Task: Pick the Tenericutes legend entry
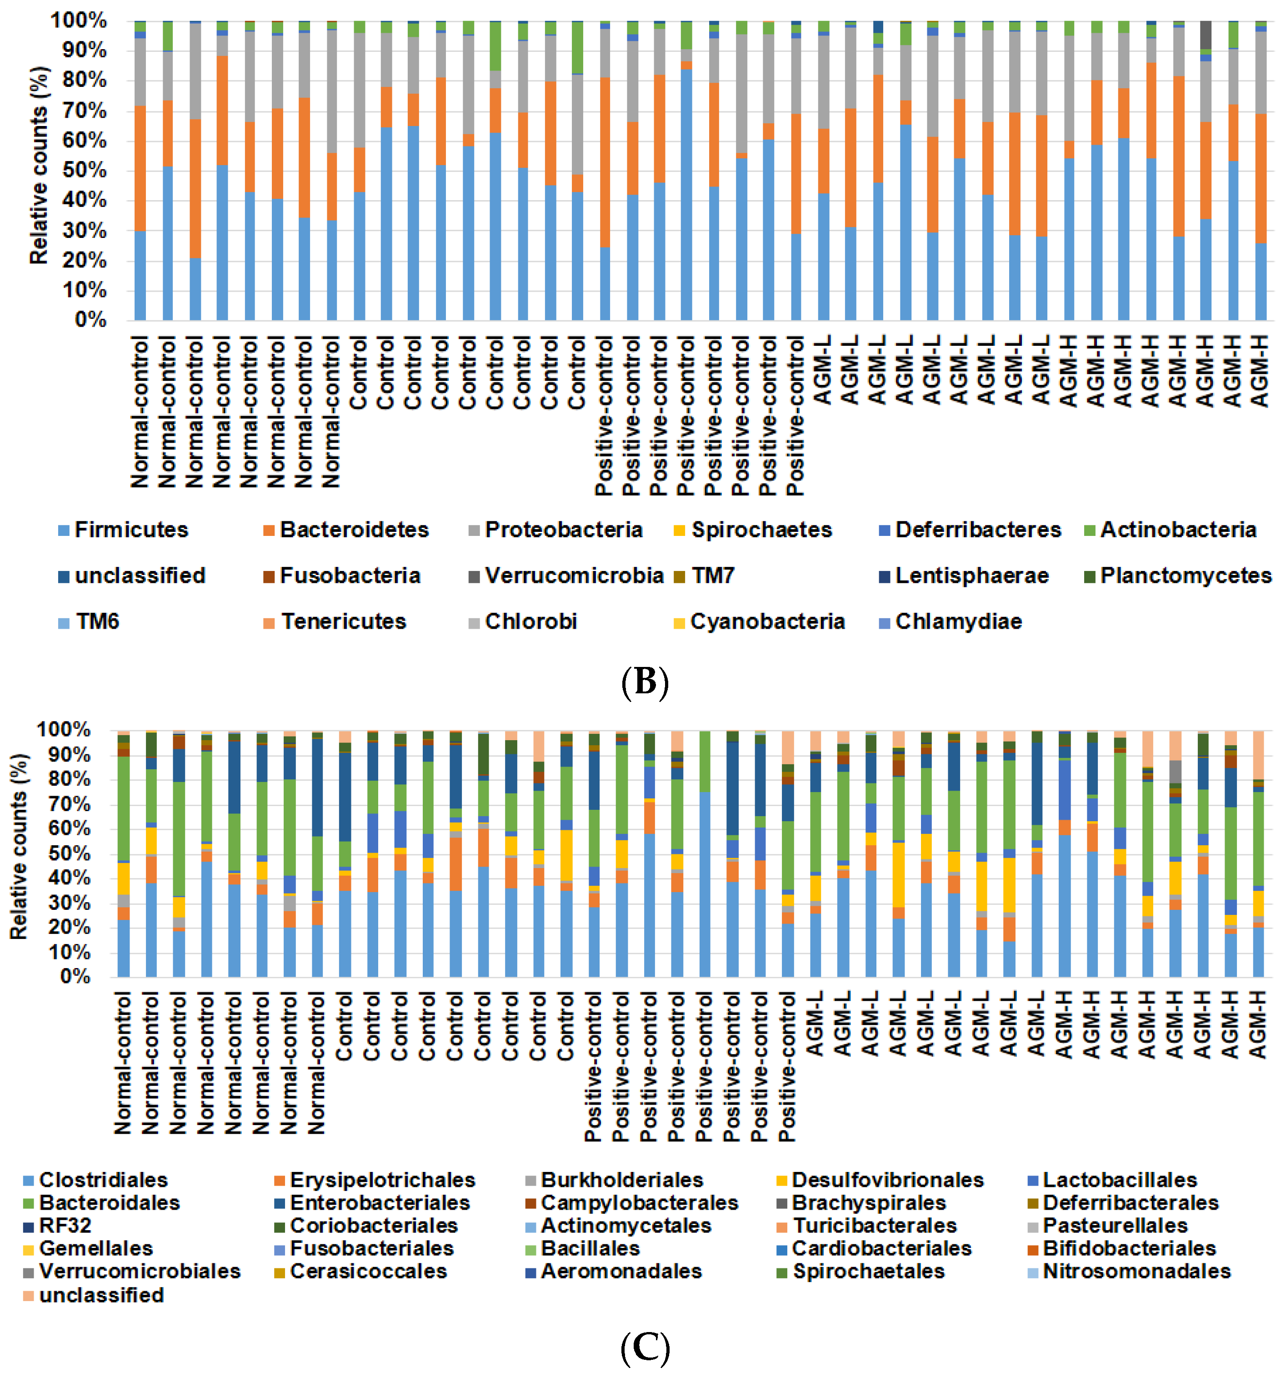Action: point(343,621)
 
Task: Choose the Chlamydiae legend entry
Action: point(958,621)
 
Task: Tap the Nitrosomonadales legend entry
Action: point(1136,1272)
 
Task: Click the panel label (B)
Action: point(645,682)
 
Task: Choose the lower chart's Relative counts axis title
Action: point(19,847)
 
